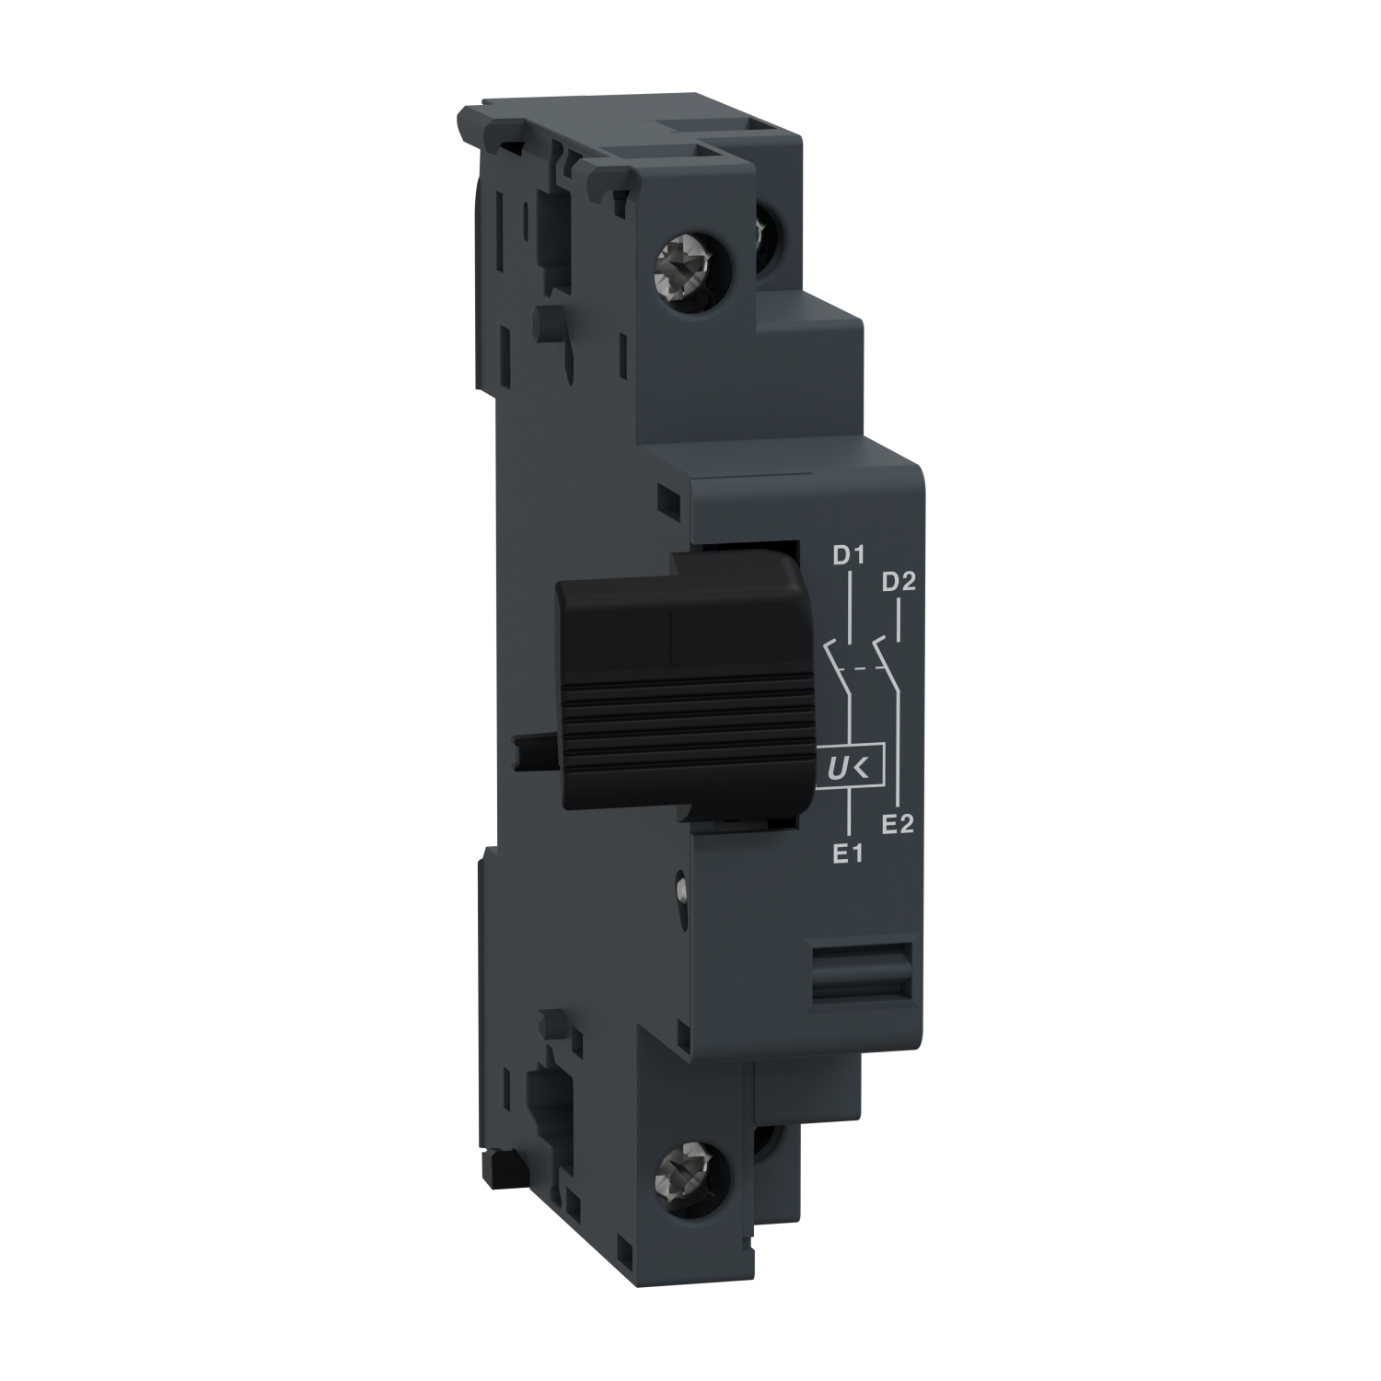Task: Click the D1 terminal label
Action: click(845, 556)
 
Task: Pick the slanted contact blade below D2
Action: click(885, 654)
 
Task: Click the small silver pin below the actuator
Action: click(680, 889)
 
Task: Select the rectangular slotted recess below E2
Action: click(860, 972)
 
